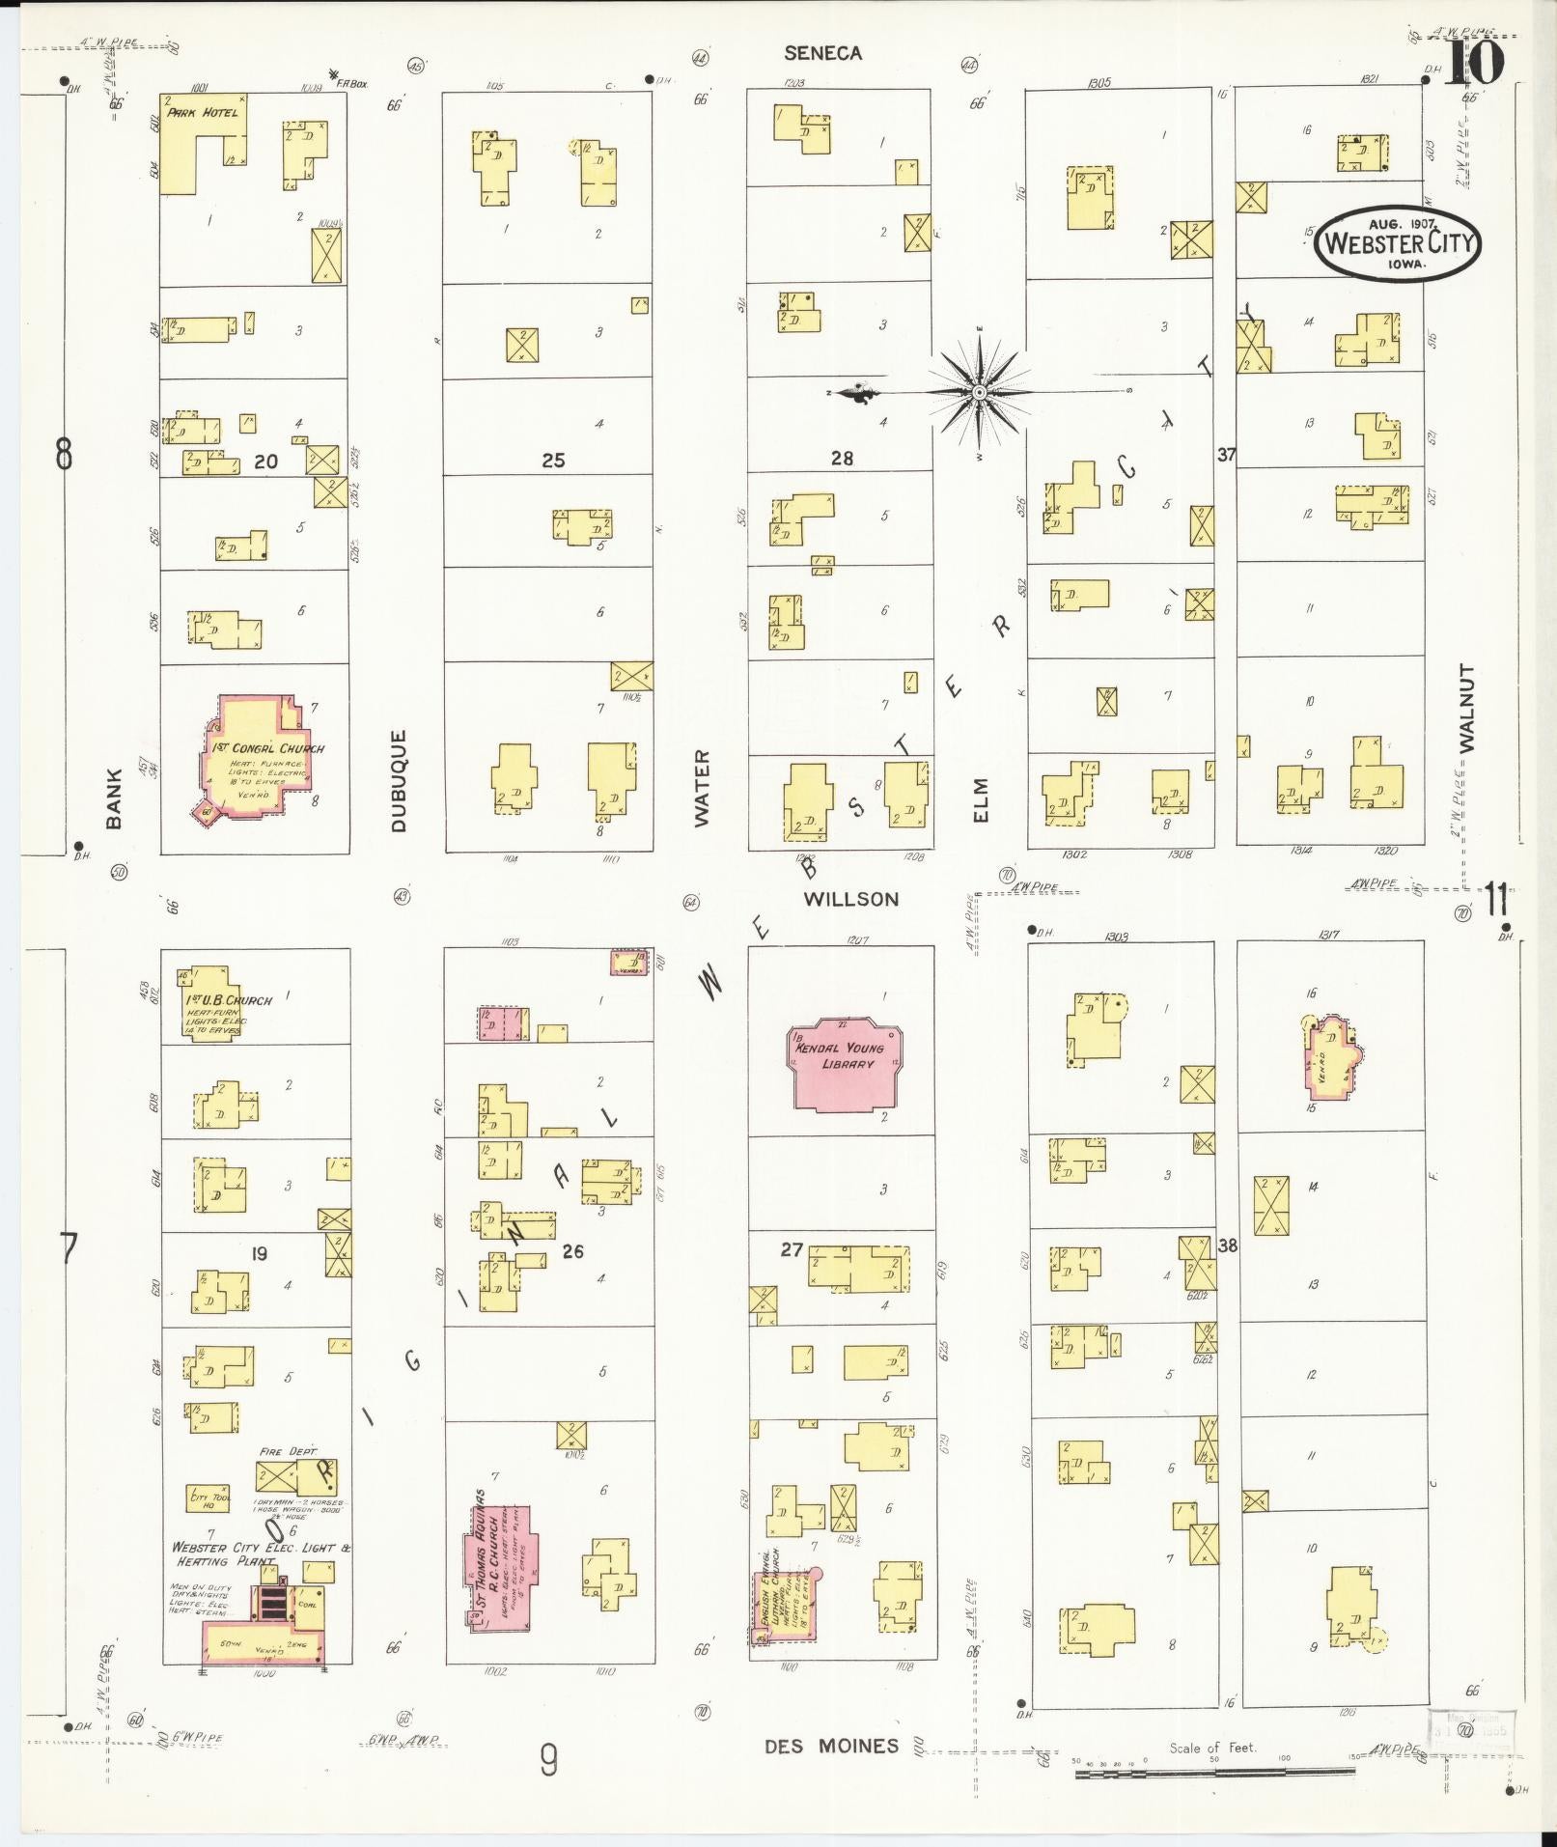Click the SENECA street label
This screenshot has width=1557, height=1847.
pyautogui.click(x=822, y=53)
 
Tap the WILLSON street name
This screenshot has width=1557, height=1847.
pyautogui.click(x=850, y=899)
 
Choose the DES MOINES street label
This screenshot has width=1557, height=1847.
pyautogui.click(x=831, y=1746)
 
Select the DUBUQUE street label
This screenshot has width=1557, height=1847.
pyautogui.click(x=399, y=780)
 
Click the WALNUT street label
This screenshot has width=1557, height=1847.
pyautogui.click(x=1468, y=708)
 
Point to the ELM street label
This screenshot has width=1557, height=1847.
pyautogui.click(x=982, y=800)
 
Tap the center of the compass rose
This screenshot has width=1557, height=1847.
pyautogui.click(x=979, y=392)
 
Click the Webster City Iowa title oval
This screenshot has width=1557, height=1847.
pyautogui.click(x=1397, y=242)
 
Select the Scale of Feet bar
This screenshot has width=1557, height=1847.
pyautogui.click(x=1214, y=1773)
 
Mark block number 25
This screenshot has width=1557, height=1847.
pyautogui.click(x=552, y=461)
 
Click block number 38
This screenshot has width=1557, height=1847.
pyautogui.click(x=1227, y=1245)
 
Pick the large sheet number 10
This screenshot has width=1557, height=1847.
pyautogui.click(x=1473, y=63)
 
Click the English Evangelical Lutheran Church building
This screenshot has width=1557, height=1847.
pyautogui.click(x=784, y=1607)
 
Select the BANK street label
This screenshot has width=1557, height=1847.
pyautogui.click(x=114, y=798)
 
